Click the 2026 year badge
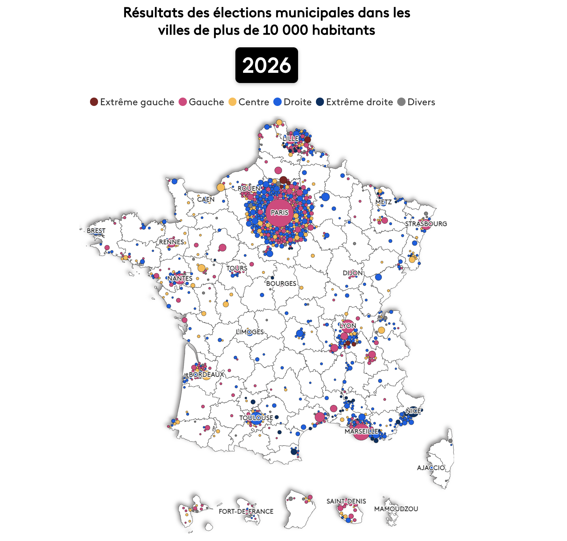point(266,65)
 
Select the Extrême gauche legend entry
point(132,102)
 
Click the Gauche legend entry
point(201,102)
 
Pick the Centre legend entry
point(249,102)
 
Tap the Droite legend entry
point(292,102)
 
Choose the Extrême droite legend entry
point(354,102)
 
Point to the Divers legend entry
point(416,102)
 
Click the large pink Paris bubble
point(279,213)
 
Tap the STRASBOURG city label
point(426,224)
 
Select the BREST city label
point(96,231)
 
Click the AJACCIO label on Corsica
point(431,467)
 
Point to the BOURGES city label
point(281,283)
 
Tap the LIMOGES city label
point(250,332)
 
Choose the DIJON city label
point(352,273)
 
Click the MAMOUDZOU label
point(396,509)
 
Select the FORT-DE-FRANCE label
point(246,511)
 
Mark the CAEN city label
point(206,200)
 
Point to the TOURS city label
point(237,268)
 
